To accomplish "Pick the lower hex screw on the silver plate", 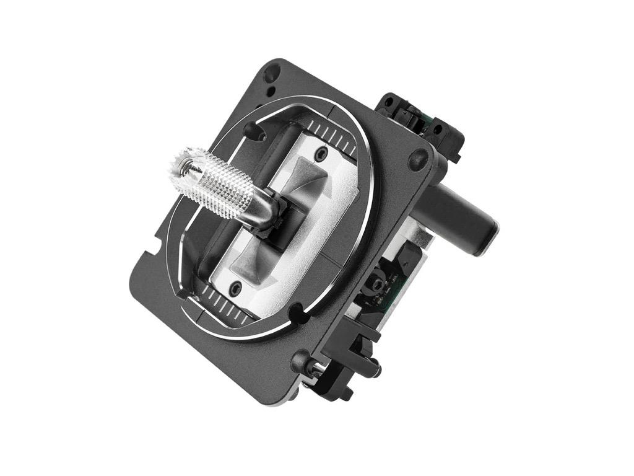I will click(x=235, y=288).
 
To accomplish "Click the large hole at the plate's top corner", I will click(x=271, y=73).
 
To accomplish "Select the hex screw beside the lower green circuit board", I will click(x=376, y=287).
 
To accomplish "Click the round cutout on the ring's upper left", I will click(x=253, y=130).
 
